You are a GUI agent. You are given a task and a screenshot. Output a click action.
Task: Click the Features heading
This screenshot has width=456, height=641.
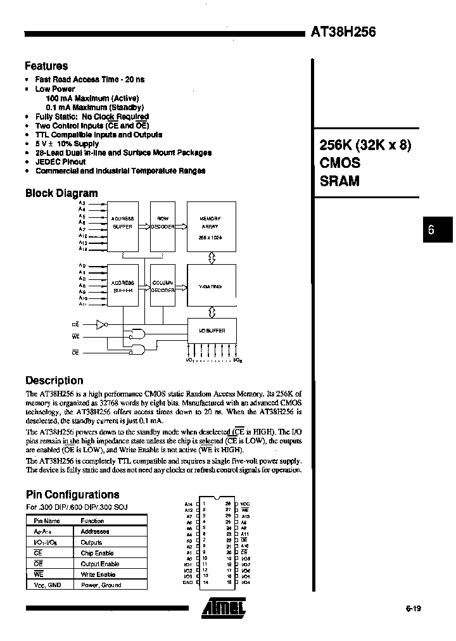(46, 66)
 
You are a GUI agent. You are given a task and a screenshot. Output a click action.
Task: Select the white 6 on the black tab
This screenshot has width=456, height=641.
(431, 231)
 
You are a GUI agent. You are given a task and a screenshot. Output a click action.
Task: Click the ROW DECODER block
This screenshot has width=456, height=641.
(162, 222)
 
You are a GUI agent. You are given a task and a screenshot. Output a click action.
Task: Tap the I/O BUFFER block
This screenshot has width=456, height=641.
(212, 330)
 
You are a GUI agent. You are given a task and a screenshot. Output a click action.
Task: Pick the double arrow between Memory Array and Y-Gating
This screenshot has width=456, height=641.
(212, 257)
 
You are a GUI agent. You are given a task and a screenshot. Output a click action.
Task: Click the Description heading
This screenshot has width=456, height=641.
(54, 381)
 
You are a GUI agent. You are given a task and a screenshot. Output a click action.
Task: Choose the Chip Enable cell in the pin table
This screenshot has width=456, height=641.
(97, 553)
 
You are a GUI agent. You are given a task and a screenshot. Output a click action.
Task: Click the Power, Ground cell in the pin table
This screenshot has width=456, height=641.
(101, 585)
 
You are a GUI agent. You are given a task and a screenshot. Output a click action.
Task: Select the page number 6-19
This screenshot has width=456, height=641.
(412, 609)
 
